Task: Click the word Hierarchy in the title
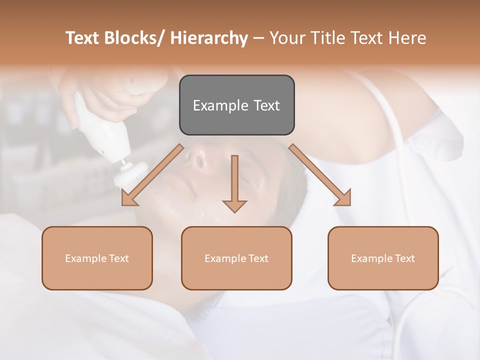[x=209, y=38]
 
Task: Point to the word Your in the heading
[x=286, y=38]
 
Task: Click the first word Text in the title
[x=83, y=38]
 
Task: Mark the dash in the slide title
[x=258, y=38]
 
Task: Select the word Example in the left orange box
[x=85, y=258]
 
